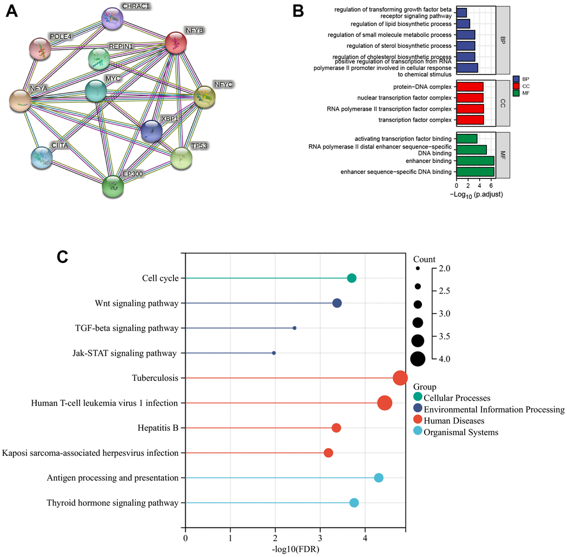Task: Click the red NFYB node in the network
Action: (177, 43)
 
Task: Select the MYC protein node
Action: (96, 91)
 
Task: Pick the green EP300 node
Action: (113, 186)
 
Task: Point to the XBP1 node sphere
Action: (151, 132)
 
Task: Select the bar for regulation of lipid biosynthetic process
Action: (463, 24)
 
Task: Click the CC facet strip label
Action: (503, 103)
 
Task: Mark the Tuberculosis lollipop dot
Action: (400, 378)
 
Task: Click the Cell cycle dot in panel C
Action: (351, 278)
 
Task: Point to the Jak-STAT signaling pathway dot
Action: (273, 353)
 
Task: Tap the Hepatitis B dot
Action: (336, 428)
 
